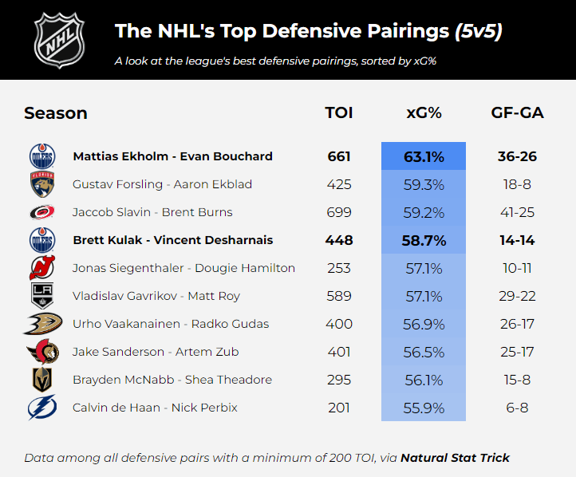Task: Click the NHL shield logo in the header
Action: (58, 40)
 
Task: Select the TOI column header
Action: (339, 112)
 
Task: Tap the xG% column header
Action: (424, 112)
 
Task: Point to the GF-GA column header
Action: (517, 112)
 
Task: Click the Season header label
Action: (56, 112)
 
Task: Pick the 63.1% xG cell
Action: (424, 156)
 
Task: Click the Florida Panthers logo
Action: (42, 184)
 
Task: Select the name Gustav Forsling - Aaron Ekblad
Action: (162, 184)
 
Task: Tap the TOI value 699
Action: (339, 212)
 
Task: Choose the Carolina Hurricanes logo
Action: (42, 212)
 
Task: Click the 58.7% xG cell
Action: (424, 240)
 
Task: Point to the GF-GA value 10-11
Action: (517, 268)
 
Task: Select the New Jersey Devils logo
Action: (42, 268)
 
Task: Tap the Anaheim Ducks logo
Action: (42, 324)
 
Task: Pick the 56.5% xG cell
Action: (424, 352)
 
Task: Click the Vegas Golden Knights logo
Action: (42, 380)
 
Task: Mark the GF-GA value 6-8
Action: (517, 408)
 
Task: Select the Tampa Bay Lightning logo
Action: (42, 408)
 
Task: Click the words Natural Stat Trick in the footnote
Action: (455, 458)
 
